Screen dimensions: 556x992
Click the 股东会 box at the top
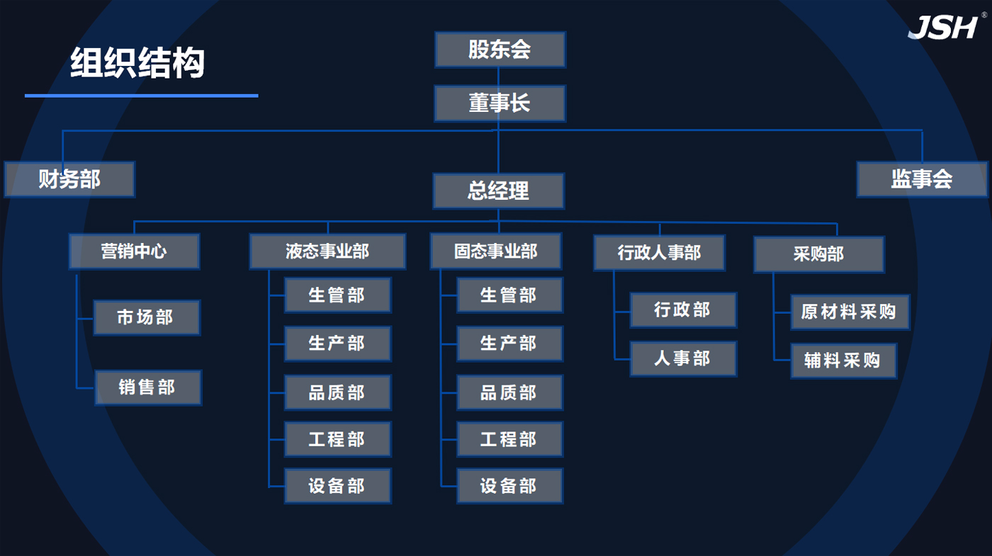pyautogui.click(x=500, y=50)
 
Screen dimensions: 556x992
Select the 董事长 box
pyautogui.click(x=500, y=103)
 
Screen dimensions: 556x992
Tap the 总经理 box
pyautogui.click(x=498, y=191)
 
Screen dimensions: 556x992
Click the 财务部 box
pyautogui.click(x=69, y=179)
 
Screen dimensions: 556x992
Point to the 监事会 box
pyautogui.click(x=921, y=179)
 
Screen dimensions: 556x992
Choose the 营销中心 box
pyautogui.click(x=134, y=251)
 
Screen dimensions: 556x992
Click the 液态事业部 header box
pyautogui.click(x=327, y=251)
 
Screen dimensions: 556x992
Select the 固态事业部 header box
pyautogui.click(x=495, y=251)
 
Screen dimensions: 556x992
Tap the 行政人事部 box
pyautogui.click(x=659, y=253)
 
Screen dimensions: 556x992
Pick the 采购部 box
pyautogui.click(x=818, y=254)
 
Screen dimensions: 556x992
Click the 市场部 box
pyautogui.click(x=146, y=317)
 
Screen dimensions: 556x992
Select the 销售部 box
pyautogui.click(x=147, y=387)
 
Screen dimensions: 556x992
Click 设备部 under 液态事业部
pyautogui.click(x=337, y=486)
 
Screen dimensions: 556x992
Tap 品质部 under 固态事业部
pyautogui.click(x=509, y=392)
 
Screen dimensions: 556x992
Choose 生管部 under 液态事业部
pyautogui.click(x=337, y=295)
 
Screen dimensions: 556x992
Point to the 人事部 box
pyautogui.click(x=682, y=358)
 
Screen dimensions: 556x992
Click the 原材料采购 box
pyautogui.click(x=849, y=312)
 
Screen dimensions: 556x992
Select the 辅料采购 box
pyautogui.click(x=843, y=361)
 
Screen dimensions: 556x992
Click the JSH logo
pyautogui.click(x=943, y=27)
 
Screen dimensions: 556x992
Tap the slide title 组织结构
pyautogui.click(x=137, y=64)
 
